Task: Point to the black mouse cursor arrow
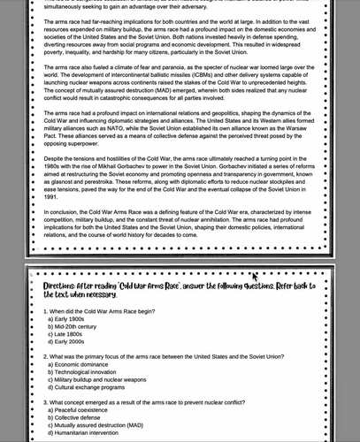pyautogui.click(x=255, y=277)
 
